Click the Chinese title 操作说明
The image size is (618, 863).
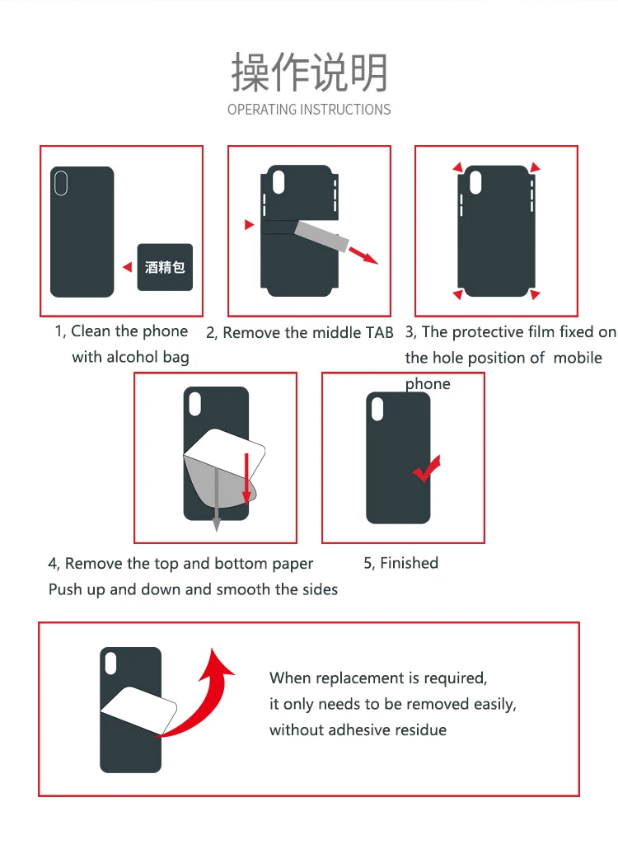[x=309, y=72]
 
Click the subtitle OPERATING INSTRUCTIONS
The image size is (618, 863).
[x=309, y=110]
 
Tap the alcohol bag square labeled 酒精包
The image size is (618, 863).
[x=165, y=267]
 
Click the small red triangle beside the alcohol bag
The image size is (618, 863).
[x=128, y=267]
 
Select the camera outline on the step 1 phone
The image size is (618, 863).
[x=61, y=183]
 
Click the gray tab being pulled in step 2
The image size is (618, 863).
[x=322, y=236]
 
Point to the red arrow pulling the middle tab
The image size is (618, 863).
[x=363, y=256]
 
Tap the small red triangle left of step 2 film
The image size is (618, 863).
[x=250, y=224]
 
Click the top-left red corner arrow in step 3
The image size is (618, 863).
[x=457, y=167]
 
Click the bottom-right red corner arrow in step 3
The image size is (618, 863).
[x=535, y=294]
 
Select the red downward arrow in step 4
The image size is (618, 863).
[x=246, y=478]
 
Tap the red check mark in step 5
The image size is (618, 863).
[x=427, y=468]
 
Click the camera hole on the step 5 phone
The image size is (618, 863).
[x=377, y=409]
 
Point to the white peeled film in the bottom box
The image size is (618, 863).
[x=138, y=710]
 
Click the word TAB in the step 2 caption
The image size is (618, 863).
[x=380, y=332]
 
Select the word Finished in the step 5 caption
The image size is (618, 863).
[x=409, y=562]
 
